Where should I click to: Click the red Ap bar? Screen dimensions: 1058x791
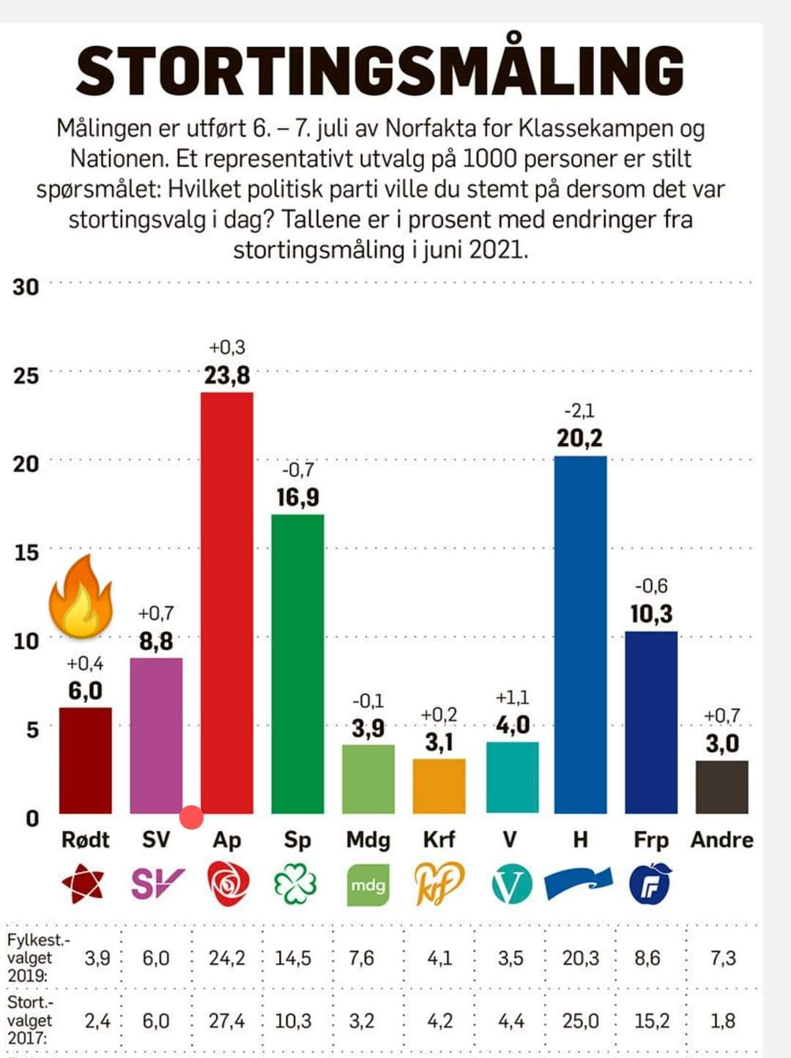(227, 600)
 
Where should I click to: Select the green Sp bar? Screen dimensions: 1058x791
(297, 663)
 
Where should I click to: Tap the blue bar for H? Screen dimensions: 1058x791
(580, 633)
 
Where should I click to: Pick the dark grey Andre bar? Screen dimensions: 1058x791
(721, 787)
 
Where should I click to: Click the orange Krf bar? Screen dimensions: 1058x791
(439, 786)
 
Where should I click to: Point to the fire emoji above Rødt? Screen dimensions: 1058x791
(81, 595)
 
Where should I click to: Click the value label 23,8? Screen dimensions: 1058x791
(227, 376)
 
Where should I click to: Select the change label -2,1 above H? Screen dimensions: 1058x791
(579, 411)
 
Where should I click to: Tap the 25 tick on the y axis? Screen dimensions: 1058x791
(26, 376)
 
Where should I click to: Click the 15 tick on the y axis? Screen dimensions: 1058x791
(26, 553)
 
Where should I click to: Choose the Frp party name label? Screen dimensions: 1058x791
(651, 840)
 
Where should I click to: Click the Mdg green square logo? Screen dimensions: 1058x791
(368, 884)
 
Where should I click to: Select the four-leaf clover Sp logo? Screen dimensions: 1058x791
(296, 884)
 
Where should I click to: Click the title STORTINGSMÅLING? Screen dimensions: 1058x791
(379, 70)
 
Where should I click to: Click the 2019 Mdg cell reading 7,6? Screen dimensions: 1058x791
(361, 958)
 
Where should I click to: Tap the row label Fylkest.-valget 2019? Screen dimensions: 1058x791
(31, 957)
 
